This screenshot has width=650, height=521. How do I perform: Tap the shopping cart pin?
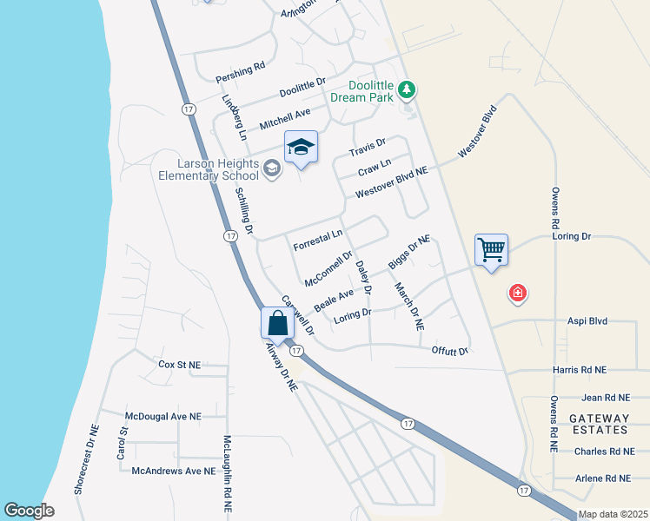(491, 251)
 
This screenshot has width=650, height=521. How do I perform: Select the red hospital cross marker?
(518, 294)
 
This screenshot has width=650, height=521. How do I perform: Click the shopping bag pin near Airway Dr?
(277, 324)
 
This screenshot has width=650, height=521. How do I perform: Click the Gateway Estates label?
(599, 424)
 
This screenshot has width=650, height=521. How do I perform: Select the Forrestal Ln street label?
(318, 240)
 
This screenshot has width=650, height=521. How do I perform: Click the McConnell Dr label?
(328, 268)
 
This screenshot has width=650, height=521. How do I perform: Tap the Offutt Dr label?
(450, 351)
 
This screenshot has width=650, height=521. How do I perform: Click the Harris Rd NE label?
(580, 370)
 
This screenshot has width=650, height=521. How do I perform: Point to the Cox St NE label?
(180, 364)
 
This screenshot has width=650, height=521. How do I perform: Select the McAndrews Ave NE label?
(173, 471)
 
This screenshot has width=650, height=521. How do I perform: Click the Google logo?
(29, 511)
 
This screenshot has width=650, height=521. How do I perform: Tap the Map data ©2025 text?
(613, 514)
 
